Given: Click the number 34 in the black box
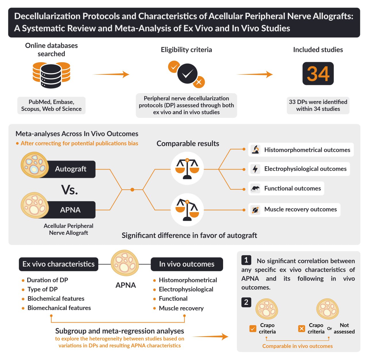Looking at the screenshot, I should [318, 74].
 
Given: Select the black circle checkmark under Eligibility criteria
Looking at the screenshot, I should [187, 74].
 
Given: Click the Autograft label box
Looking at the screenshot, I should [70, 169].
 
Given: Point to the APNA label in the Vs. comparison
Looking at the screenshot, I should [70, 210].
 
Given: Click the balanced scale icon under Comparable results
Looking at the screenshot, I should [187, 168].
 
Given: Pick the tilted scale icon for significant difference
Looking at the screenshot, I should [187, 209].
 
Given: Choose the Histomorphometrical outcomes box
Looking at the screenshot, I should [301, 150].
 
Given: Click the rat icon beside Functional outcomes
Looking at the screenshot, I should [255, 188].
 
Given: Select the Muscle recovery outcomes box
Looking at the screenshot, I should [294, 209].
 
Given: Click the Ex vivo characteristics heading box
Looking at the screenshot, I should [59, 264].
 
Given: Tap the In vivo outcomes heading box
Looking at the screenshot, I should [187, 264].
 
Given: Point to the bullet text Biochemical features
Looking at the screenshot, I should [56, 299].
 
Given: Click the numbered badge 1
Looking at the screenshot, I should [246, 260].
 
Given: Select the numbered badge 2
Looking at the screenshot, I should [246, 302].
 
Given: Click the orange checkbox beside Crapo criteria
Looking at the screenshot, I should [253, 328].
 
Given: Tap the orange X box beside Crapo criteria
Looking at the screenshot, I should [302, 328].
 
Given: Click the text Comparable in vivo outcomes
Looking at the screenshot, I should [297, 346].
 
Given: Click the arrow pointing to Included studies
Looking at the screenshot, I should [255, 74].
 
